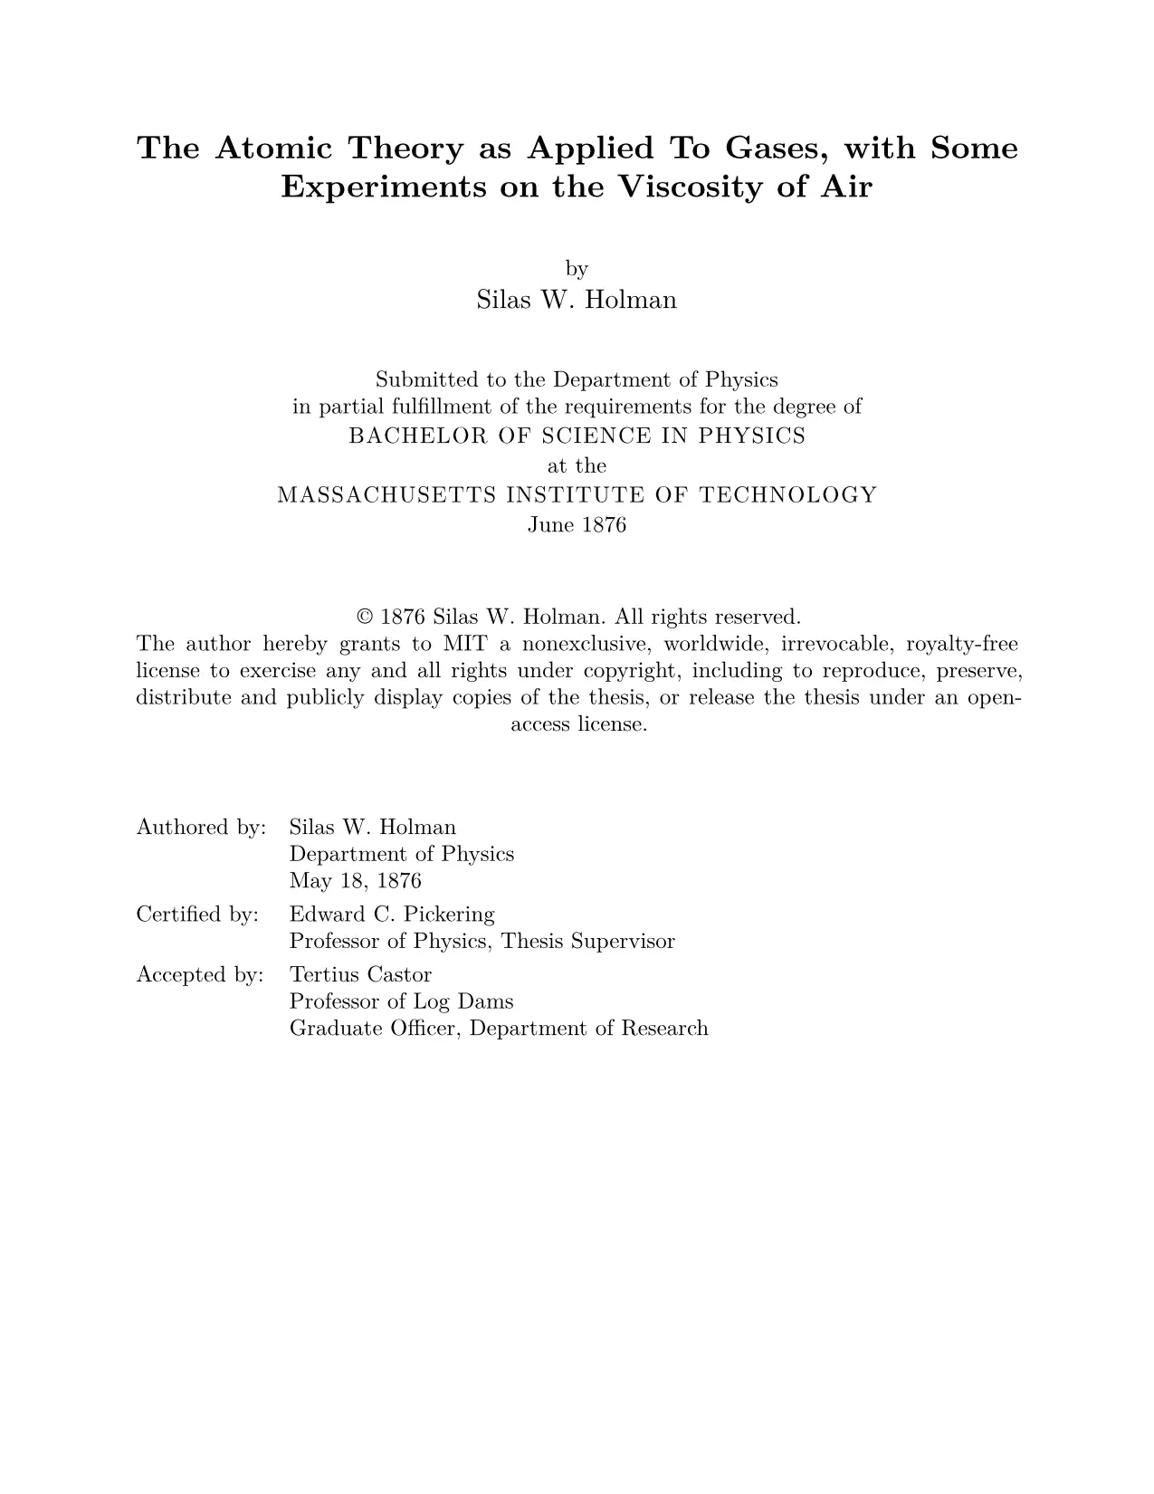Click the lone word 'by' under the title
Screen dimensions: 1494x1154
point(577,269)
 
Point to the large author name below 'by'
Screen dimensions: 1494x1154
point(577,300)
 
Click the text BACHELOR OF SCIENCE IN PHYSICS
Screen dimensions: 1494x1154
point(577,436)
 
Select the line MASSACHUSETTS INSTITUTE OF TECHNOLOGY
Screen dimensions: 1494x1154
point(577,495)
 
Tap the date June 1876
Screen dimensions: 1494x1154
point(577,525)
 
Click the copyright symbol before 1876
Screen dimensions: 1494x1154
point(366,618)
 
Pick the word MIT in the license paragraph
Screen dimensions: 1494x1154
point(464,645)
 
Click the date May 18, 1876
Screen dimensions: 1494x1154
point(355,881)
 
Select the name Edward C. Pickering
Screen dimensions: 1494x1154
point(392,915)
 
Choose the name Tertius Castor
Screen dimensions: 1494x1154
point(360,975)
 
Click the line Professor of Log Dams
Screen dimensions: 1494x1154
point(401,1001)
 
